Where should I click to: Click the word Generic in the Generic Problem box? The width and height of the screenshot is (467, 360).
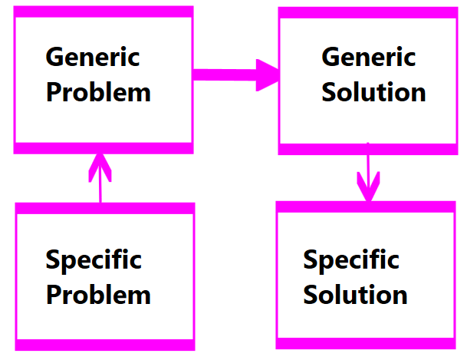93,58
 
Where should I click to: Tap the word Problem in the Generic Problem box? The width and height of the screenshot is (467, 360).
98,93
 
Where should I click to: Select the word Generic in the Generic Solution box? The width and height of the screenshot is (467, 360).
368,58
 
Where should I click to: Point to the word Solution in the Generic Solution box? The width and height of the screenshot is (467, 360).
373,93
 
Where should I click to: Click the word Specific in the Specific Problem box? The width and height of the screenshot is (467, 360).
94,260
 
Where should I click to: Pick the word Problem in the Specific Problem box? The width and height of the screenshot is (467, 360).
98,295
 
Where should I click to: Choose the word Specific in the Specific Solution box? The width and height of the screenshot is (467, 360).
351,260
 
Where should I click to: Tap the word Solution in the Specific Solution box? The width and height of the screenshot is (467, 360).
355,295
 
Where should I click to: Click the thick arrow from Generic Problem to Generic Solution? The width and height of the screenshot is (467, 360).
230,74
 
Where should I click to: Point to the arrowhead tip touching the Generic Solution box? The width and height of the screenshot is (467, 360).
278,74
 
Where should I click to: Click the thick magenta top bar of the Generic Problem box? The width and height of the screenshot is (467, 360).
104,12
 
